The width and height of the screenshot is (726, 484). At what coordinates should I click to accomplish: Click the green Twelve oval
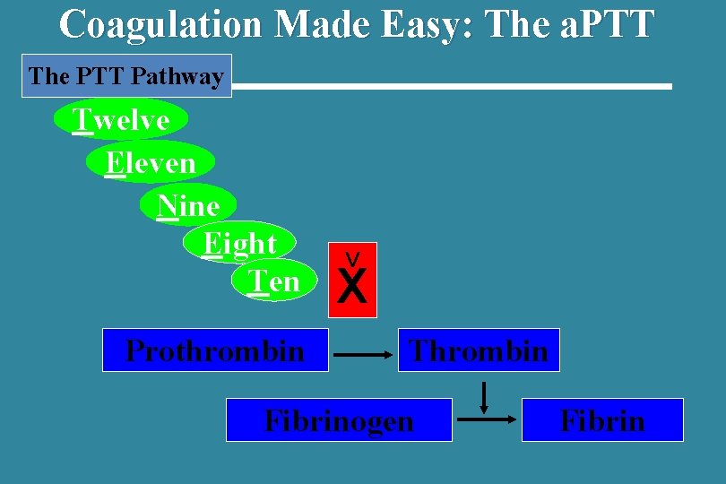[121, 119]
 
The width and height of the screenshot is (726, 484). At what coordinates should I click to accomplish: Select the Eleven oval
[151, 162]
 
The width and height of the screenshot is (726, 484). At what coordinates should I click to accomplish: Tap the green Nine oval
[188, 205]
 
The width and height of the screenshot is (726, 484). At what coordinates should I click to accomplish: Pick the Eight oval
[239, 243]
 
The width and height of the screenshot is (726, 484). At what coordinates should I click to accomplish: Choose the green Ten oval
[274, 281]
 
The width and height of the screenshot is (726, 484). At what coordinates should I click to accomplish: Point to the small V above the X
[353, 258]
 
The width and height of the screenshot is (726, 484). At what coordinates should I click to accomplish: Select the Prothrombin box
[215, 350]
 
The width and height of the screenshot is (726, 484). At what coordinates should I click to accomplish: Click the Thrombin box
[479, 350]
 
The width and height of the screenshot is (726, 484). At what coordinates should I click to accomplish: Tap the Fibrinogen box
[339, 420]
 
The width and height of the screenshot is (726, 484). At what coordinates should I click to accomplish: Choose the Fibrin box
[602, 420]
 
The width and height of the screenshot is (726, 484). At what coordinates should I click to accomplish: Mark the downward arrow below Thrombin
[484, 397]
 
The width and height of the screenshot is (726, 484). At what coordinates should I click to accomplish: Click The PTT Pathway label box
[125, 76]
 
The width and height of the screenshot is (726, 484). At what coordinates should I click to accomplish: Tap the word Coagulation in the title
[162, 24]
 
